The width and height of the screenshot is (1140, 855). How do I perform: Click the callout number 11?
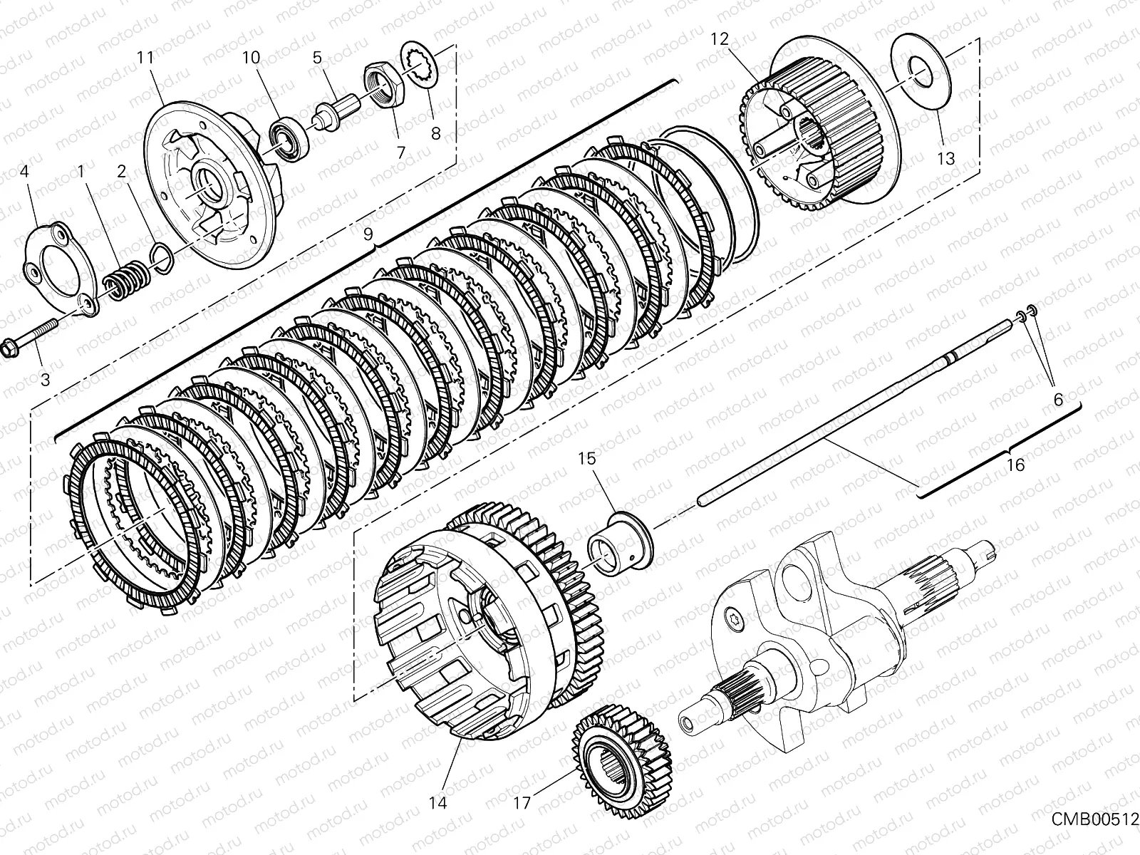pyautogui.click(x=145, y=58)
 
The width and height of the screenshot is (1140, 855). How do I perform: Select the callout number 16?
pyautogui.click(x=1016, y=465)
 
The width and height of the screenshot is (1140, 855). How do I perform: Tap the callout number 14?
pyautogui.click(x=438, y=803)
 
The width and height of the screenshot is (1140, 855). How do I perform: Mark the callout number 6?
pyautogui.click(x=1058, y=400)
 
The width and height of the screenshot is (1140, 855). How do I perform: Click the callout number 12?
pyautogui.click(x=720, y=39)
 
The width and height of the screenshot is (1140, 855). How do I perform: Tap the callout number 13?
pyautogui.click(x=945, y=158)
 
